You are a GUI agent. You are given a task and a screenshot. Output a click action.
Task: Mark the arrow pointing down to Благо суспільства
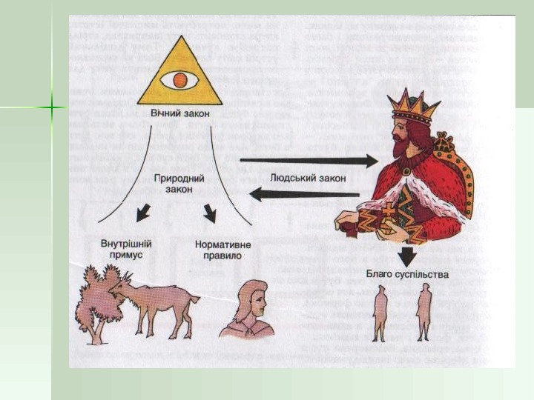click(x=406, y=257)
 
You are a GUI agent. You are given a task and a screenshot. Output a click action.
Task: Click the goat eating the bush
click(x=159, y=300)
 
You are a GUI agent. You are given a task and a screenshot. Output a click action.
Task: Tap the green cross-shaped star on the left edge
click(x=51, y=109)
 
